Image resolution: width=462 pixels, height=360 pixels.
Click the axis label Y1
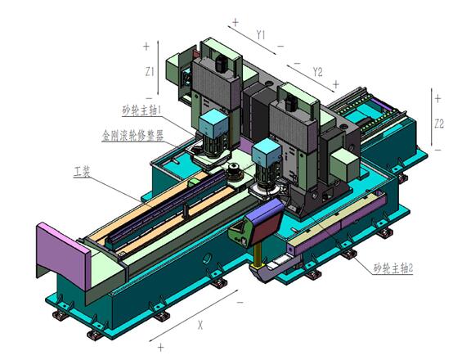tap(261, 35)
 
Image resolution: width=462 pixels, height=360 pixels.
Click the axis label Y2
tap(317, 72)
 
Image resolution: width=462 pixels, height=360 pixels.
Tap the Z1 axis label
tap(150, 71)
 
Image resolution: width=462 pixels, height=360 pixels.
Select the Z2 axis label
tap(439, 124)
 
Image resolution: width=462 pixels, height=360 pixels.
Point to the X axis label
tap(200, 326)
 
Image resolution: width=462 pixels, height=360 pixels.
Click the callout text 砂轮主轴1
tap(141, 110)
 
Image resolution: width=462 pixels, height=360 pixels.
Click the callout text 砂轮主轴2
tap(393, 268)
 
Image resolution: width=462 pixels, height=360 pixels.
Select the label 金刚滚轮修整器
tap(132, 136)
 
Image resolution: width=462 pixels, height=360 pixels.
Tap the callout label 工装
tap(82, 172)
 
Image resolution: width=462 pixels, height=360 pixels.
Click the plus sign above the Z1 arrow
tap(146, 47)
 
